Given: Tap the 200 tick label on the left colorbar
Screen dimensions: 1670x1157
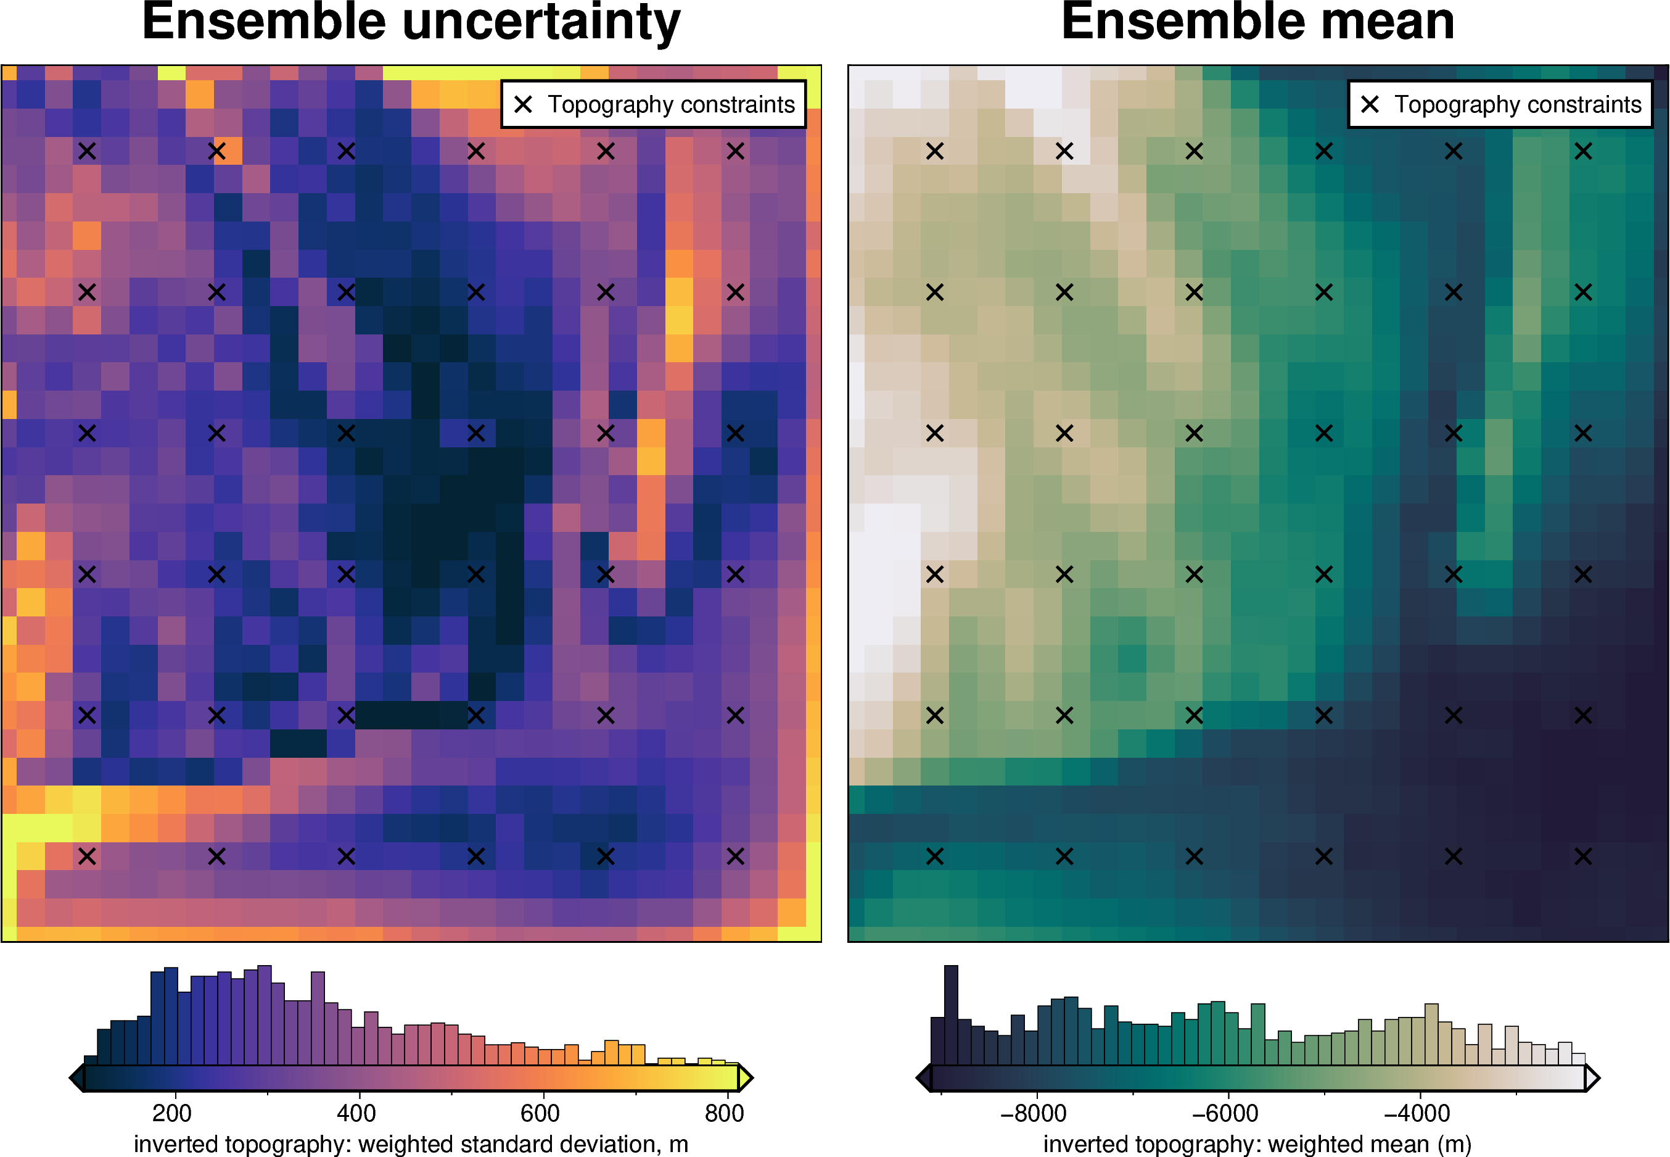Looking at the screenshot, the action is click(x=173, y=1113).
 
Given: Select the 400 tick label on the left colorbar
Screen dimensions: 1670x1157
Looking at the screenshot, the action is click(x=356, y=1113).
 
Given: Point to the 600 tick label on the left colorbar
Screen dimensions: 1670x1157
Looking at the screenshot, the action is click(x=540, y=1113).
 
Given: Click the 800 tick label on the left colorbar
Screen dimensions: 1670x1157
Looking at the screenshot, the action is click(x=725, y=1113).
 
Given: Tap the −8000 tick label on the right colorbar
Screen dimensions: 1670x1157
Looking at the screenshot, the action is click(x=1034, y=1113).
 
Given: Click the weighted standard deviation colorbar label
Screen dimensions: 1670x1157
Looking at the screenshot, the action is click(x=411, y=1144).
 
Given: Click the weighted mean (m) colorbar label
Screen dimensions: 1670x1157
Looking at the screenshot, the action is click(x=1258, y=1144).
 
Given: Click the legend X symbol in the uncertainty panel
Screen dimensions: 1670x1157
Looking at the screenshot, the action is click(x=523, y=104).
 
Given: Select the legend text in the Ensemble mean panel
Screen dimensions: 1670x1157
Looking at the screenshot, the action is click(x=1518, y=104).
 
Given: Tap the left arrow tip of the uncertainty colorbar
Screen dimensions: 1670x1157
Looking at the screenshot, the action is click(x=70, y=1078).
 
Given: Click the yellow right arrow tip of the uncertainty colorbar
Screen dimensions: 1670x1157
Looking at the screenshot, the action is click(x=753, y=1078).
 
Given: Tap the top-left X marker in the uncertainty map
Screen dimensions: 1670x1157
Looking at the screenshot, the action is click(x=87, y=151).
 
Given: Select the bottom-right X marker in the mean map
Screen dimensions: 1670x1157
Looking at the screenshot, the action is click(x=1583, y=856).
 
